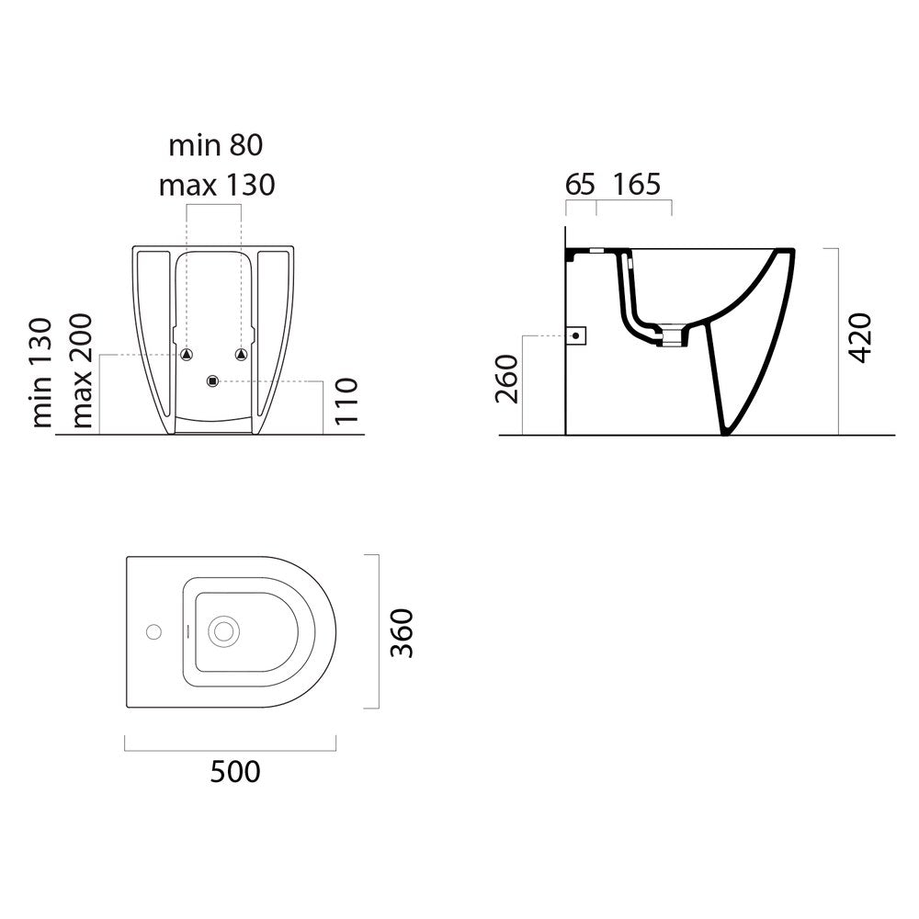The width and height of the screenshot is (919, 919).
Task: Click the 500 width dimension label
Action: pos(235,772)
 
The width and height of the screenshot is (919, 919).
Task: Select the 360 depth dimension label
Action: pos(403,633)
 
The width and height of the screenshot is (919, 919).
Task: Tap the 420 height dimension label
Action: pos(860,338)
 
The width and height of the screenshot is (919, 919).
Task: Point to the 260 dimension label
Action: pos(507,380)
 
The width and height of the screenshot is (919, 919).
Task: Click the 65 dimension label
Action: pos(580,184)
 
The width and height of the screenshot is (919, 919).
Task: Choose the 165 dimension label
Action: pos(637,184)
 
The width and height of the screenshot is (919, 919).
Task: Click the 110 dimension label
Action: pos(346,401)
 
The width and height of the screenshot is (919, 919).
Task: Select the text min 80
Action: pos(216,145)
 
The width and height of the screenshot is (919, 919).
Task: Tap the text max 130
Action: pos(217,186)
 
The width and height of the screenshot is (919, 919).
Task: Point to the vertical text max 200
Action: pos(81,370)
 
